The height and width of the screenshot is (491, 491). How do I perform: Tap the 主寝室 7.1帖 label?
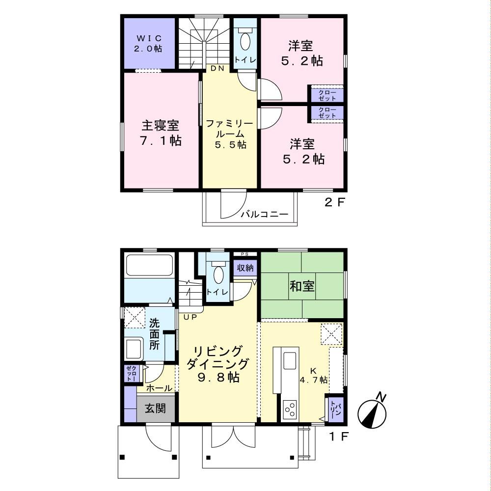(x=161, y=133)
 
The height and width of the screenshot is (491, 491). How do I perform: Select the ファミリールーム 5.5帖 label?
(x=230, y=134)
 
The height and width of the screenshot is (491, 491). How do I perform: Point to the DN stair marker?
(x=218, y=68)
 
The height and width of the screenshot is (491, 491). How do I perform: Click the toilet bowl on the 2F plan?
(x=245, y=42)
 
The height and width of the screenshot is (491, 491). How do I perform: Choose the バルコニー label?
(x=265, y=215)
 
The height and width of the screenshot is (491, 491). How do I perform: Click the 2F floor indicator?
(x=334, y=203)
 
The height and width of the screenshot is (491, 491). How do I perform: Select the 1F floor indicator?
(x=339, y=436)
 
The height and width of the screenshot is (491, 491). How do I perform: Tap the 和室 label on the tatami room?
(x=302, y=286)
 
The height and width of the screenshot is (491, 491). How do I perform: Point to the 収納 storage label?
(x=245, y=268)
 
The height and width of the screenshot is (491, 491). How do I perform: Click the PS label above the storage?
(x=245, y=254)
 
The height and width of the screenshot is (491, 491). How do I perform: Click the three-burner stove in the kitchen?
(x=289, y=409)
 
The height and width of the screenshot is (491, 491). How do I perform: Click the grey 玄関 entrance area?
(x=156, y=409)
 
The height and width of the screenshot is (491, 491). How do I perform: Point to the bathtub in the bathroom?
(x=149, y=265)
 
